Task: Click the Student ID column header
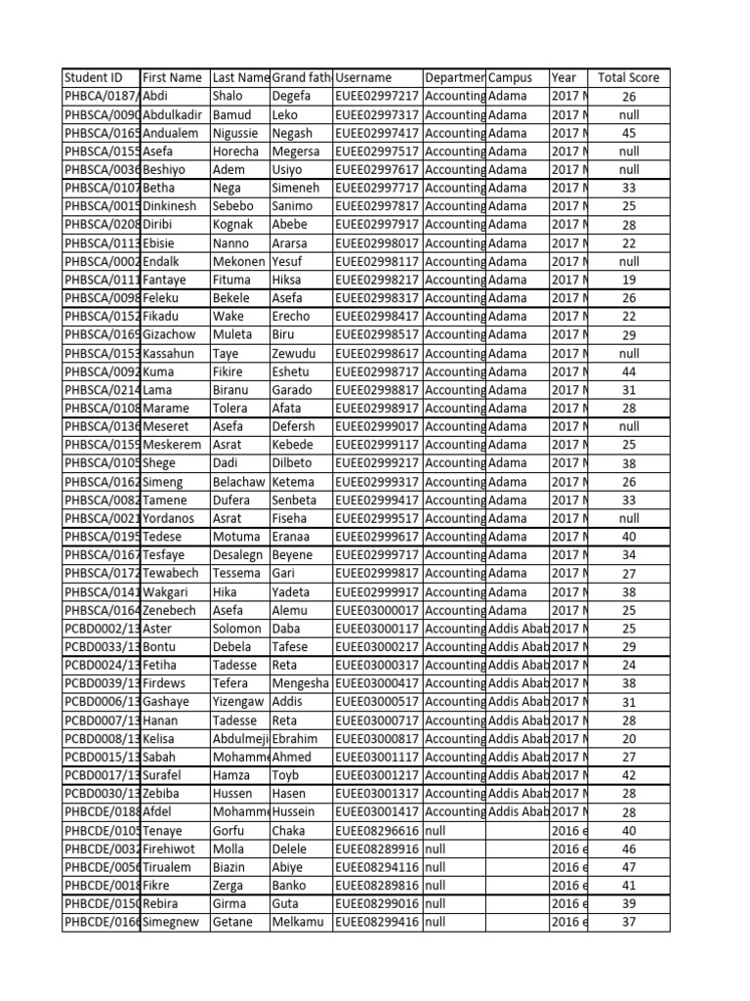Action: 94,78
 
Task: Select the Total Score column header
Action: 628,78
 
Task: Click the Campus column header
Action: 510,78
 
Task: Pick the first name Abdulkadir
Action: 175,114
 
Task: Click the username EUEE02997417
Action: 377,133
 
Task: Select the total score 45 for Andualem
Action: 628,133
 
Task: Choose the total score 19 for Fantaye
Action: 628,280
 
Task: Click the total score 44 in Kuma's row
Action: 628,371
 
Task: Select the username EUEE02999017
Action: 377,426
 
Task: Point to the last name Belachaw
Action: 239,482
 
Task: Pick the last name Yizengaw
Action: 239,702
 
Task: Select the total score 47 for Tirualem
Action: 628,867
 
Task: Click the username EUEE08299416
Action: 377,922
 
